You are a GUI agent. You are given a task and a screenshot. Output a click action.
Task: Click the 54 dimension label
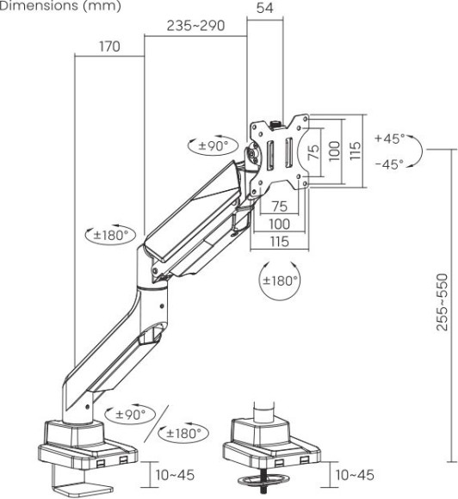[264, 8]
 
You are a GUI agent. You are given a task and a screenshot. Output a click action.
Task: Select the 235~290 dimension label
[195, 26]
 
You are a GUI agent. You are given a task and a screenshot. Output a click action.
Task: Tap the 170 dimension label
[109, 46]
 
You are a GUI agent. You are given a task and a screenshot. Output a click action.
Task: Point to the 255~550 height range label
[442, 302]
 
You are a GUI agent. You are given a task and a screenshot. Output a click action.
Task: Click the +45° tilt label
[390, 139]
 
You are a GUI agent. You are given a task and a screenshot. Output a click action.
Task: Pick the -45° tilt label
[389, 164]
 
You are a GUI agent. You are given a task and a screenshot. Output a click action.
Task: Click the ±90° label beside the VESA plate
[214, 146]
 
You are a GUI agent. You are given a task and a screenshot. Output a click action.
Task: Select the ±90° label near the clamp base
[130, 415]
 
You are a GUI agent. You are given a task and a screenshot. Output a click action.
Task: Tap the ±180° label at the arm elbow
[110, 236]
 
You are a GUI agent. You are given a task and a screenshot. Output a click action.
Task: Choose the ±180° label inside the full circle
[280, 280]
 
